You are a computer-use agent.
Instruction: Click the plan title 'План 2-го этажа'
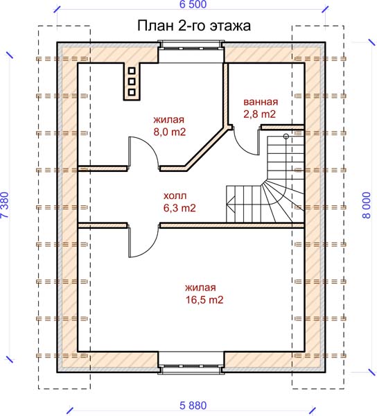(194, 26)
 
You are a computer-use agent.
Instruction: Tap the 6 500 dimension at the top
(193, 5)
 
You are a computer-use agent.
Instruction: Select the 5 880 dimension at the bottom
(193, 406)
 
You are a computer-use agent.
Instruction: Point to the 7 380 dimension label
(6, 205)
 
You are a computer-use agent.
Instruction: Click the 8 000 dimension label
(367, 205)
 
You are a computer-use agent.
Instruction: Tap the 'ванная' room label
(261, 102)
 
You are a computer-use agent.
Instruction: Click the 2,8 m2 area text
(260, 114)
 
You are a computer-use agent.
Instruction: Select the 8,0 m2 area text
(170, 132)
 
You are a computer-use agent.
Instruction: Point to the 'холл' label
(175, 196)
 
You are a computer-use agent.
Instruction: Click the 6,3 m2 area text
(179, 208)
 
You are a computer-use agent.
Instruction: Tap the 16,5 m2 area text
(204, 300)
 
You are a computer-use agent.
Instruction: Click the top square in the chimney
(132, 71)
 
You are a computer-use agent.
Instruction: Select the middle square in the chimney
(132, 81)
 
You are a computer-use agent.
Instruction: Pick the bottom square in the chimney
(132, 92)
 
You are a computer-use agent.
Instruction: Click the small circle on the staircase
(286, 137)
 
